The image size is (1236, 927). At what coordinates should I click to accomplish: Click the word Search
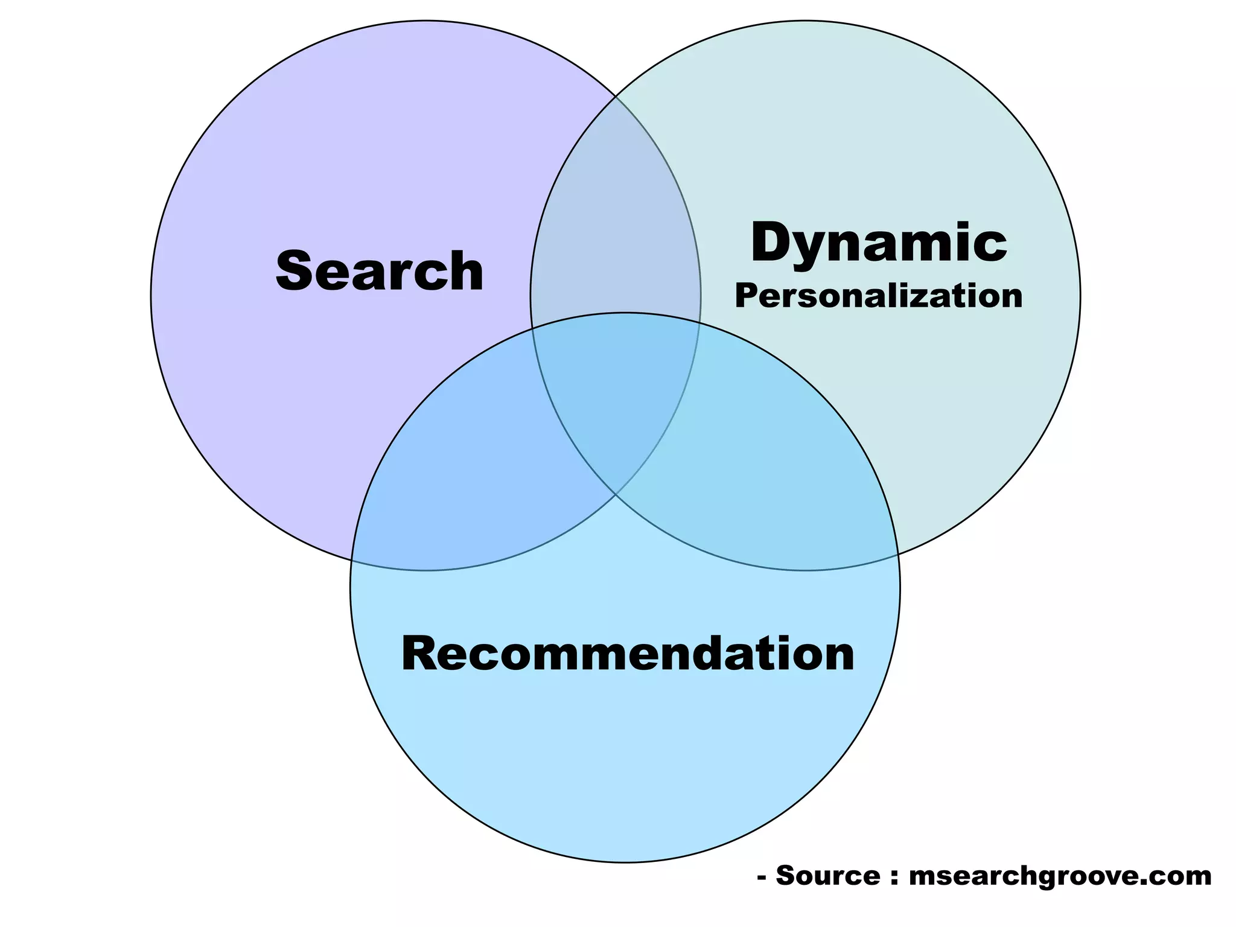[x=380, y=272]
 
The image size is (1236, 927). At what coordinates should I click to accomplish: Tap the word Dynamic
[x=878, y=243]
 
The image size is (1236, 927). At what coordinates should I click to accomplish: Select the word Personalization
[x=878, y=296]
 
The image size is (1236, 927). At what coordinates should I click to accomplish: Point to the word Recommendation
[x=628, y=654]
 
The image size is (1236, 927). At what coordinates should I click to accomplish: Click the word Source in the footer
[x=828, y=875]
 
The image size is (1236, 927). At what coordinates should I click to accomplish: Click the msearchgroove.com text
[x=1060, y=876]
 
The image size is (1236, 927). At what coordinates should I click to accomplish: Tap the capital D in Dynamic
[x=774, y=243]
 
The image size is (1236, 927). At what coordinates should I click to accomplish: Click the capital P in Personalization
[x=746, y=296]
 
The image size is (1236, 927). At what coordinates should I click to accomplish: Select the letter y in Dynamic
[x=815, y=247]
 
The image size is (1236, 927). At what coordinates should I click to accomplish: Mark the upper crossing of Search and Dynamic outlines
[x=616, y=97]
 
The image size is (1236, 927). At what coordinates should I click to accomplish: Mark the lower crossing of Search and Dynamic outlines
[x=616, y=495]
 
